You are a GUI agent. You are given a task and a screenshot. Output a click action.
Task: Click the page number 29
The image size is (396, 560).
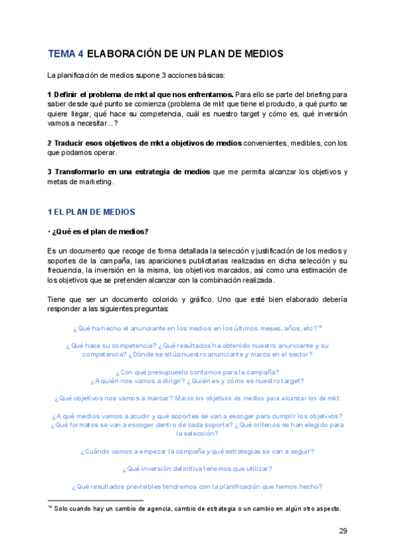tap(343, 530)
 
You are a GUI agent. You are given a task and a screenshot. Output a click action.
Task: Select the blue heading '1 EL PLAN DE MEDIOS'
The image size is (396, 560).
tap(91, 212)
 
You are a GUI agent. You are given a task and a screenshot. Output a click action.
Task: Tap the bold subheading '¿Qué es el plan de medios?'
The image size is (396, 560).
tap(100, 231)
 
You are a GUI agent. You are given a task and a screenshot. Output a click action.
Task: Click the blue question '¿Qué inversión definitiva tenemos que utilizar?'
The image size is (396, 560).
tap(197, 469)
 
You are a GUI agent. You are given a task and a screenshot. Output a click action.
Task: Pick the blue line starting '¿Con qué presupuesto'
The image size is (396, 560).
tap(197, 372)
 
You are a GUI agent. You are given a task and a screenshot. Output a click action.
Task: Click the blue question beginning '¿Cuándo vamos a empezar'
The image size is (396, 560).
tap(197, 452)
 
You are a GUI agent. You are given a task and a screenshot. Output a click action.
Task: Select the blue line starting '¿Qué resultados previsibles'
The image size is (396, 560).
tap(197, 487)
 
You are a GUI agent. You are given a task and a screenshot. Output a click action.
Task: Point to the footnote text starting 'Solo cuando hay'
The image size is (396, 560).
tap(198, 508)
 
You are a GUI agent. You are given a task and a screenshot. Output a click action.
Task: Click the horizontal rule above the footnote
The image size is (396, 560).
tap(95, 501)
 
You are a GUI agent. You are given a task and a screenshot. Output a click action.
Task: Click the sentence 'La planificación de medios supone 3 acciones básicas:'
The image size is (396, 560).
tap(136, 75)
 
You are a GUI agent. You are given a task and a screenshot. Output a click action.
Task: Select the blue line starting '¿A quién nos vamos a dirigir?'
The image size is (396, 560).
tap(197, 381)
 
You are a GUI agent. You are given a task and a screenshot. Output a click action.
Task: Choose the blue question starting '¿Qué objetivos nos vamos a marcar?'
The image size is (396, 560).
tap(197, 398)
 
